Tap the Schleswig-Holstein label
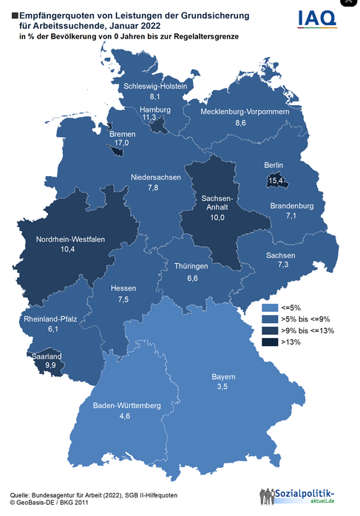coord(154,86)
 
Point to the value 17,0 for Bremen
coord(120,143)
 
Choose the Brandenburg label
coord(292,205)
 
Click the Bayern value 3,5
coord(221,386)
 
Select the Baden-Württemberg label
coord(126,406)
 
